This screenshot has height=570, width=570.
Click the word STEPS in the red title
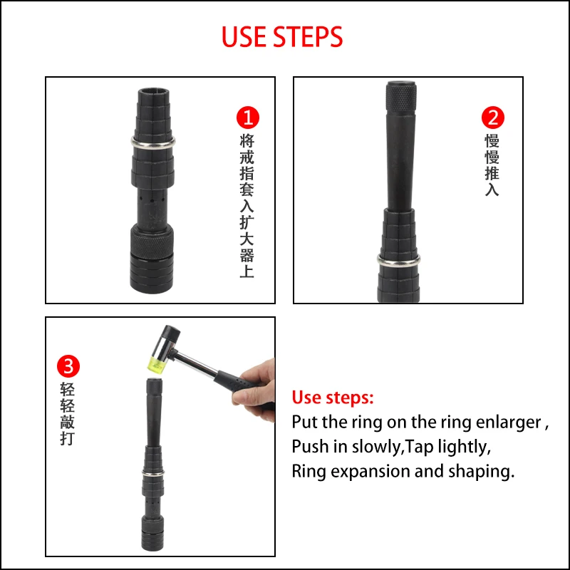click(x=308, y=37)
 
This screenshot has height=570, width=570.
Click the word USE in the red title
click(x=244, y=37)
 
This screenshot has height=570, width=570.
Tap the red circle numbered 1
click(x=248, y=118)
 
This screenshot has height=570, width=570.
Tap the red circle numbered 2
click(x=493, y=118)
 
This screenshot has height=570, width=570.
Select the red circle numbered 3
click(x=68, y=366)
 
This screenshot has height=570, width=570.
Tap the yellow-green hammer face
click(x=155, y=365)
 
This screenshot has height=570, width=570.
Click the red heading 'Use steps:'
click(x=333, y=398)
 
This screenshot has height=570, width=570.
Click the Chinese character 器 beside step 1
click(x=247, y=255)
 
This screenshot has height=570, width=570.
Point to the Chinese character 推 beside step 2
click(x=492, y=173)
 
